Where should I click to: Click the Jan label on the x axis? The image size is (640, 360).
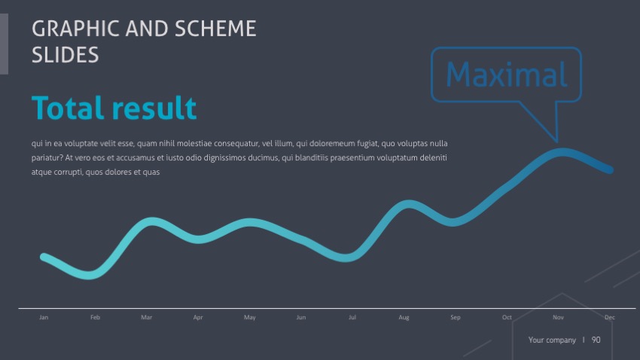coord(44,318)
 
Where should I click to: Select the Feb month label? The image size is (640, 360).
coord(95,318)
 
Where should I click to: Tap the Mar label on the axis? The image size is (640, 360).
coord(146,318)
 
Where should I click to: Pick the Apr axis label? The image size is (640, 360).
coord(198,318)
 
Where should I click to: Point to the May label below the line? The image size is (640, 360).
coord(250,318)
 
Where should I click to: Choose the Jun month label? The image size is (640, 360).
coord(301,318)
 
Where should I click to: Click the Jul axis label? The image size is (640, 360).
coord(352,318)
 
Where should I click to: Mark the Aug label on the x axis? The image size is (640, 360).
coord(404,318)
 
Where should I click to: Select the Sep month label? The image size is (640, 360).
coord(456,318)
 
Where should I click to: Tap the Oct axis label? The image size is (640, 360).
coord(507,318)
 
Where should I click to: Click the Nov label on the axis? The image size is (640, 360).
coord(558,318)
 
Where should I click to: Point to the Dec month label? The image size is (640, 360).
coord(610,318)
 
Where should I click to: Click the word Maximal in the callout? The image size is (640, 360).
coord(506,75)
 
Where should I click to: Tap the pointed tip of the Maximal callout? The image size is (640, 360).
coord(556,141)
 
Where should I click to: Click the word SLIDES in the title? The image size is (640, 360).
coord(66,54)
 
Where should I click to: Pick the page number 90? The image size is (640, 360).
coord(596,340)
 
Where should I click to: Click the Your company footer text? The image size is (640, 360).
coord(552,340)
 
